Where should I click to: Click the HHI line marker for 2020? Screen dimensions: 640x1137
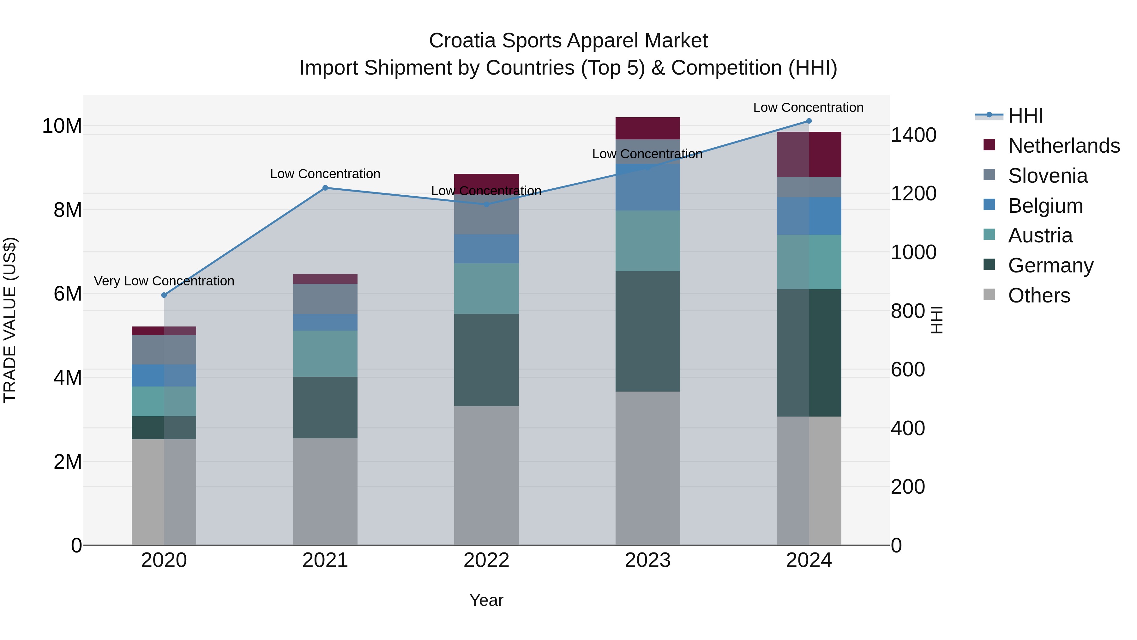(x=164, y=295)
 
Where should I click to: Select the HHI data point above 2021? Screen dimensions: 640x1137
(x=325, y=188)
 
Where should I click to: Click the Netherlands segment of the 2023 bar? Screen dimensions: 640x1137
(x=647, y=128)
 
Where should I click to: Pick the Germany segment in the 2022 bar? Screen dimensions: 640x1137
(x=486, y=360)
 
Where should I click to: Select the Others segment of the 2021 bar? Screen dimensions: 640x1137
(x=325, y=491)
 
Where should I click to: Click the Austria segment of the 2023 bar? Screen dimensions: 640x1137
(x=647, y=241)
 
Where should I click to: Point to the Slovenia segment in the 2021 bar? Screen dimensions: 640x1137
(x=325, y=299)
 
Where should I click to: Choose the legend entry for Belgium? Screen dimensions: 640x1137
(x=1045, y=206)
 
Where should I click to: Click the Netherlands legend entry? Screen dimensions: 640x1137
(x=1064, y=146)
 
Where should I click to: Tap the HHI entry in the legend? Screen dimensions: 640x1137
(x=1025, y=116)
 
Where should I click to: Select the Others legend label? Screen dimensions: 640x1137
(x=1039, y=296)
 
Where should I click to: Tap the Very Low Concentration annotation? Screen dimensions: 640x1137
(x=164, y=281)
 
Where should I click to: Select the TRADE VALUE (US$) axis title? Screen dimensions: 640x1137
(x=10, y=320)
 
